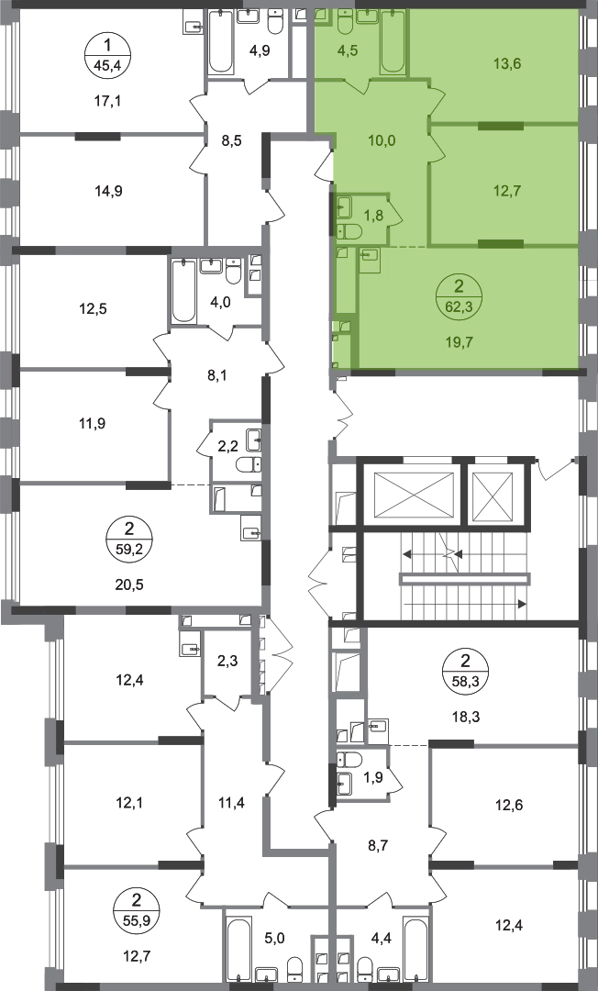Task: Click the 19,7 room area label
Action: pos(460,343)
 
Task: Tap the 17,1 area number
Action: pos(107,101)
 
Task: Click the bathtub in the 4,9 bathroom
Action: pos(221,41)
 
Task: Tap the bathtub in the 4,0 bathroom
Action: pos(184,292)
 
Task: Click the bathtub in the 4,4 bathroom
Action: pos(416,951)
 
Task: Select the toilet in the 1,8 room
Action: pos(348,232)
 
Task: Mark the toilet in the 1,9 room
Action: pos(349,759)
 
